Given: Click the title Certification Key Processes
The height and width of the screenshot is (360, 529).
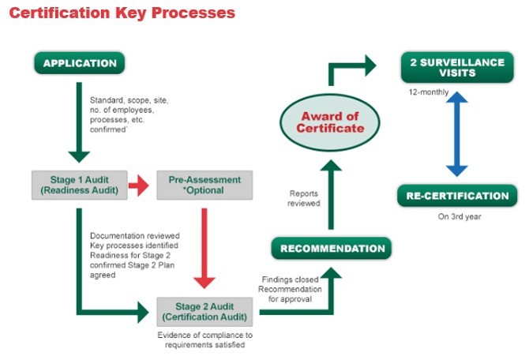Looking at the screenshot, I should [122, 13].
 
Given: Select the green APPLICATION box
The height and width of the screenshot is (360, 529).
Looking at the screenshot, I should [80, 63].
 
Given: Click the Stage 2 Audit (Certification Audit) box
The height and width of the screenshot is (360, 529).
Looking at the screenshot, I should [204, 310].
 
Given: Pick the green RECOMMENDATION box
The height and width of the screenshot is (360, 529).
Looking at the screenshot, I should [332, 249].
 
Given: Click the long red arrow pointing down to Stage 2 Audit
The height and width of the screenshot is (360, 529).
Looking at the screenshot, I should [204, 245].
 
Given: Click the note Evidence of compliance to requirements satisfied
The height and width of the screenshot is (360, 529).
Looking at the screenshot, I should [204, 340].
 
